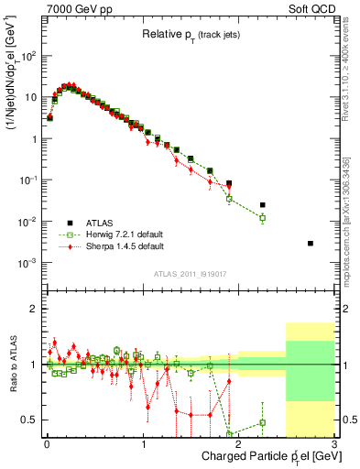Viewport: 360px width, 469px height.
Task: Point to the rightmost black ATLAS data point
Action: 311,243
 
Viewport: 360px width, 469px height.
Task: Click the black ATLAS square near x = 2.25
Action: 263,205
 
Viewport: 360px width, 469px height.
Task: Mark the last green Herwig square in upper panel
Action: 263,218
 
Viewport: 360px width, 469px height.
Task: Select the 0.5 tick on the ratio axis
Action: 31,420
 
